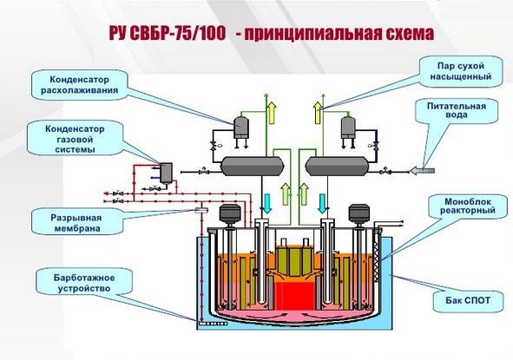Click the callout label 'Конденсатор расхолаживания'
click(80, 85)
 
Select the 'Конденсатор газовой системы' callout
click(75, 139)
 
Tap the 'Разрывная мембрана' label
click(77, 223)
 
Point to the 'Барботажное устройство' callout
click(84, 283)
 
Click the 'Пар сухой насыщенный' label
click(461, 71)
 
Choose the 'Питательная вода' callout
click(457, 110)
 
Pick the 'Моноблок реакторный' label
click(468, 206)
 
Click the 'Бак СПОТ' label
click(468, 300)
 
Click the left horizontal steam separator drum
click(253, 167)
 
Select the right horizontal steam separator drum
click(337, 167)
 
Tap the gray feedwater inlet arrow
click(422, 170)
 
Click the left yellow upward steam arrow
click(272, 113)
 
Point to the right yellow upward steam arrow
click(318, 113)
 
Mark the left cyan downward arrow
click(267, 203)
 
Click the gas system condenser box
click(166, 173)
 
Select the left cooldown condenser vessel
click(241, 127)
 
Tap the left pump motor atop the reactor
click(230, 213)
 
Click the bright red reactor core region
click(294, 296)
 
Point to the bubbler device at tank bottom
click(213, 324)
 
